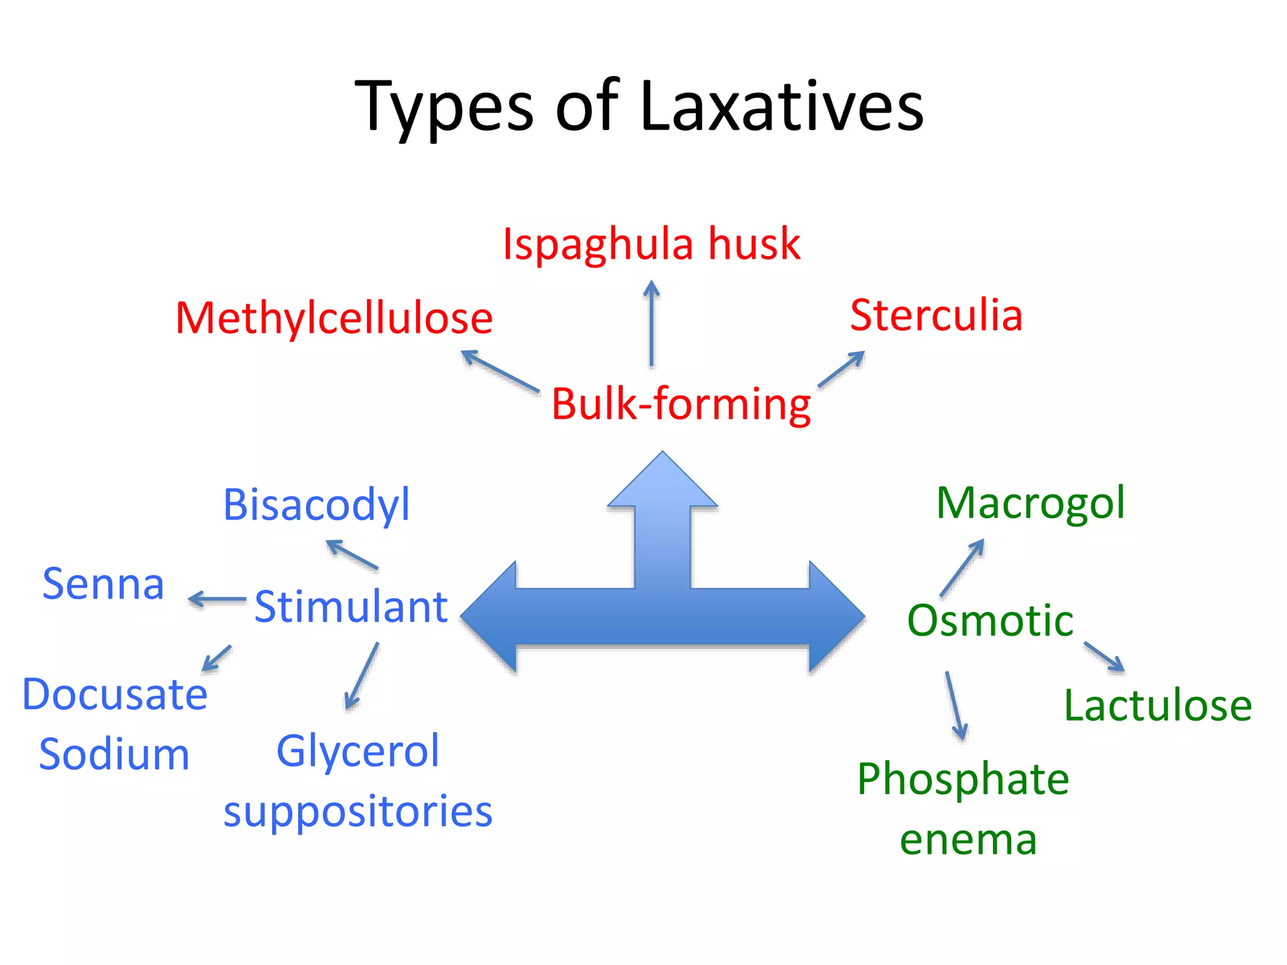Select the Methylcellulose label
(334, 318)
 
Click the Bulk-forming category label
(681, 403)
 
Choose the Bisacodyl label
(316, 504)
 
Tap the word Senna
(103, 584)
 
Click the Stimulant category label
(351, 607)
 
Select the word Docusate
(114, 695)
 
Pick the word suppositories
(358, 811)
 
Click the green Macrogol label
(1030, 503)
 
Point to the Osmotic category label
(990, 621)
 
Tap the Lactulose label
(1158, 706)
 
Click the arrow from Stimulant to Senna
(217, 599)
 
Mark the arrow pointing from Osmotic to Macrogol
(962, 567)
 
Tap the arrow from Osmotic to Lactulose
(1104, 657)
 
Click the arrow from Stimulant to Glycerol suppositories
(362, 675)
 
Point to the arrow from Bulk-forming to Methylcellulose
(500, 371)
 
